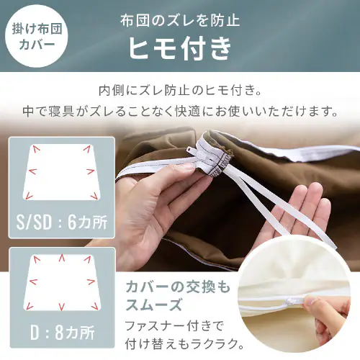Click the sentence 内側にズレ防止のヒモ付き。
[x=180, y=91]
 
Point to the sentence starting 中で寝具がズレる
[x=180, y=112]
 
